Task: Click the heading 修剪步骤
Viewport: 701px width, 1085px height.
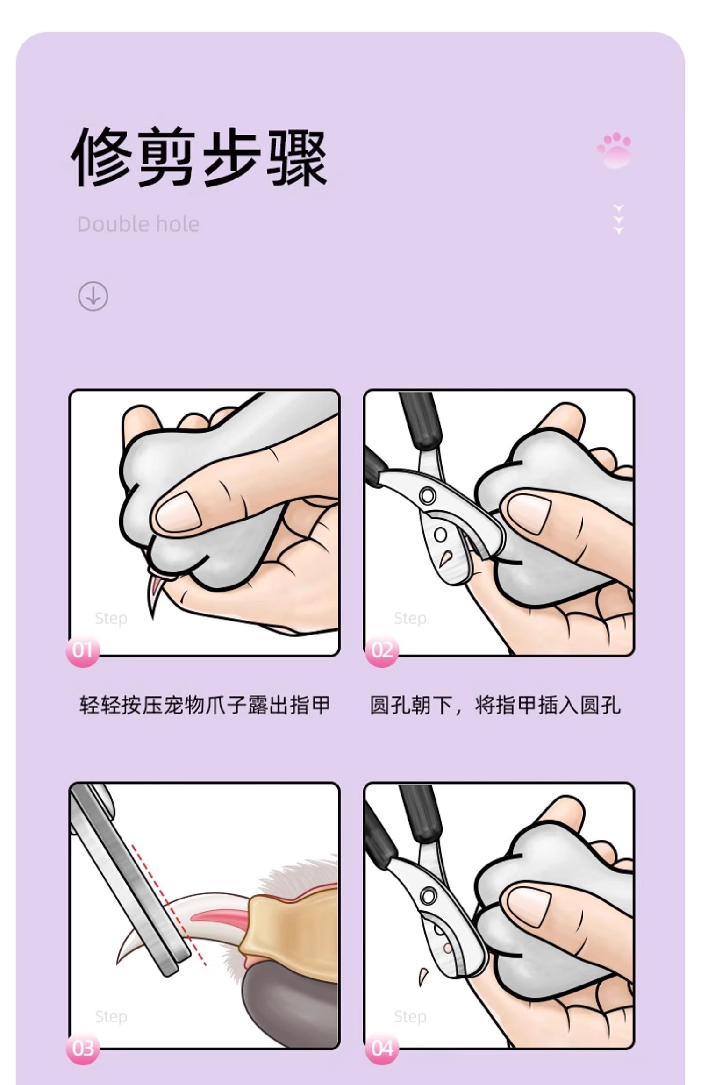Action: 200,157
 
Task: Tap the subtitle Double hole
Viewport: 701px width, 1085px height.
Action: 138,224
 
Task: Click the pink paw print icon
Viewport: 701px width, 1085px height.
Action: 615,150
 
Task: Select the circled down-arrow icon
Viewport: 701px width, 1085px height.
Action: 93,296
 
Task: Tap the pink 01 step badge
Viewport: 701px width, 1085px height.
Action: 83,650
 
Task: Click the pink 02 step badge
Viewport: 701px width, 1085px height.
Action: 382,650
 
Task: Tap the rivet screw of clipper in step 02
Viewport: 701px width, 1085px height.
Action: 427,495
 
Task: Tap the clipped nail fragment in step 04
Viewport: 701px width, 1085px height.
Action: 422,983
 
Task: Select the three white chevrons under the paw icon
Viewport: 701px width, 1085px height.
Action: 619,219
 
